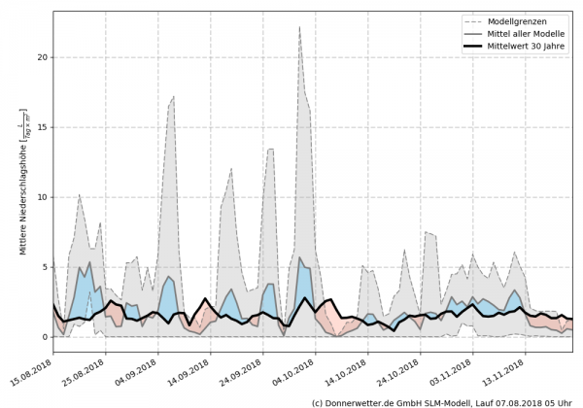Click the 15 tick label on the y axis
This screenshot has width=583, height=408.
[x=42, y=127]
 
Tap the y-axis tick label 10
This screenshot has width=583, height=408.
[x=42, y=197]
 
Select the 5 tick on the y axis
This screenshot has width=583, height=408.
[x=45, y=267]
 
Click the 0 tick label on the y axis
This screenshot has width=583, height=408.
[x=45, y=337]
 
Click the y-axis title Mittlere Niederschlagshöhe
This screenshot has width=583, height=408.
[x=23, y=194]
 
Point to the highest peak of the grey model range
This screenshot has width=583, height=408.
[x=326, y=27]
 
